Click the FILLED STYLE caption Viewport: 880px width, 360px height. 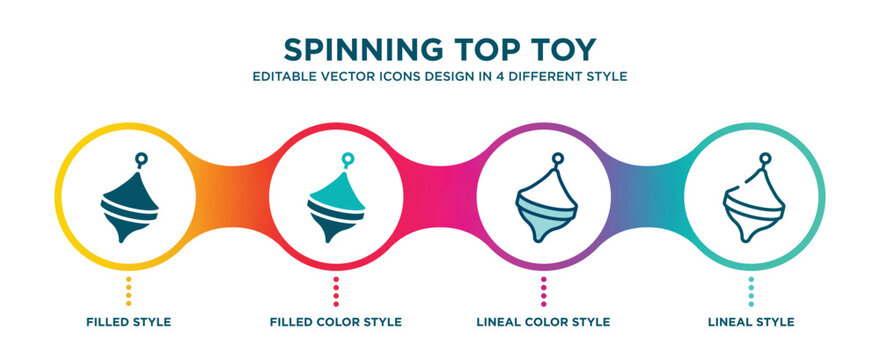point(129,322)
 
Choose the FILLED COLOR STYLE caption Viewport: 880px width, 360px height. point(336,322)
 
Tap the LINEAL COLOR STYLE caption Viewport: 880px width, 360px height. point(543,322)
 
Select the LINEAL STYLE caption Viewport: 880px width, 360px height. point(750,322)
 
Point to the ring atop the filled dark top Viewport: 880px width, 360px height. point(140,158)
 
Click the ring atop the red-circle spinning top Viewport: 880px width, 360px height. point(347,158)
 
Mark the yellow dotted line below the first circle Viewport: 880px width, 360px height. point(129,289)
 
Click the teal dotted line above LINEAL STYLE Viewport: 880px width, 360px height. point(750,289)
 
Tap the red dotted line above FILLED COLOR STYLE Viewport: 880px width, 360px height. point(336,289)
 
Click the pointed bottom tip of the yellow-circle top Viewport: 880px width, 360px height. point(122,238)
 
